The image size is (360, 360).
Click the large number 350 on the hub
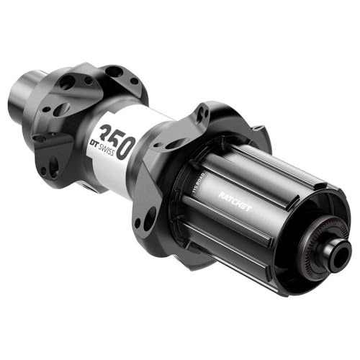(116, 140)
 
